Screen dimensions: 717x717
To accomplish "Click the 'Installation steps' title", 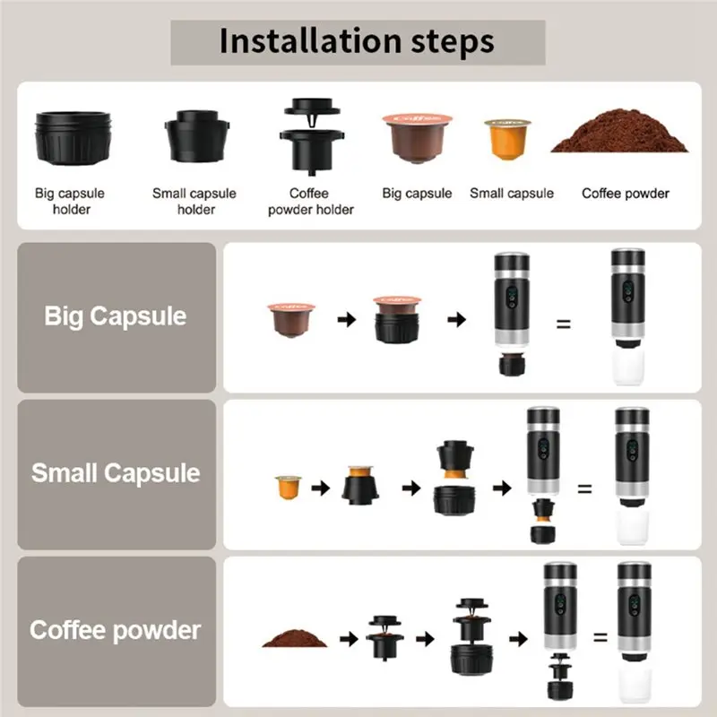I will pos(357,41).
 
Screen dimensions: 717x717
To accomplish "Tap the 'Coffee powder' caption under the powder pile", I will pos(625,194).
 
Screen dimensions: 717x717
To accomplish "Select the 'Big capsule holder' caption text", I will pos(70,202).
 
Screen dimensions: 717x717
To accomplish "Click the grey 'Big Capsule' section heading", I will pos(116,316).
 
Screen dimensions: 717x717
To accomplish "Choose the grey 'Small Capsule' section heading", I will pos(116,473).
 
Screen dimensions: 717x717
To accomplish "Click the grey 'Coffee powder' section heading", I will pos(116,629).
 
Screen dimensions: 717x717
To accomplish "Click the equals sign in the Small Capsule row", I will pos(584,489).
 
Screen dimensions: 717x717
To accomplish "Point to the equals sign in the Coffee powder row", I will pos(600,639).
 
